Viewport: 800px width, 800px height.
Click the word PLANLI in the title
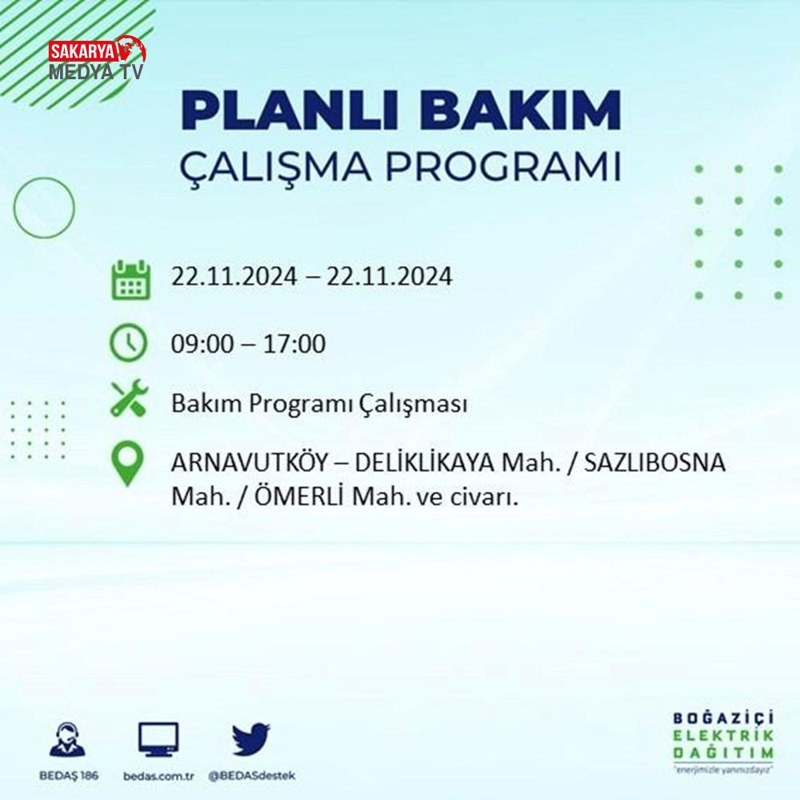click(290, 110)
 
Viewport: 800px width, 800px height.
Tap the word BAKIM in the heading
click(521, 110)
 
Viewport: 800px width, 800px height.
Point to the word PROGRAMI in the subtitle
click(503, 166)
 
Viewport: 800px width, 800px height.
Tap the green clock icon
click(129, 343)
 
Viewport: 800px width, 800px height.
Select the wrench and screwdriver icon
click(129, 398)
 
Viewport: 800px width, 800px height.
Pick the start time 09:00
click(202, 343)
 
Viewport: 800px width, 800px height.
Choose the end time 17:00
click(294, 343)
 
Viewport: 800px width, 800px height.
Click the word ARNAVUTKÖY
click(249, 462)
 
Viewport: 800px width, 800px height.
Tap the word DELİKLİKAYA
click(425, 462)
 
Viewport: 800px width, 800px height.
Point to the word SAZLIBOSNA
click(654, 462)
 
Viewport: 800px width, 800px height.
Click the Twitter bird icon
click(251, 738)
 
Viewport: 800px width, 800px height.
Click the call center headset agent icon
click(68, 739)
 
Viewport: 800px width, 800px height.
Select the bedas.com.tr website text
click(158, 777)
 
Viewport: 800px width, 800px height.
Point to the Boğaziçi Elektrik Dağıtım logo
click(723, 742)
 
